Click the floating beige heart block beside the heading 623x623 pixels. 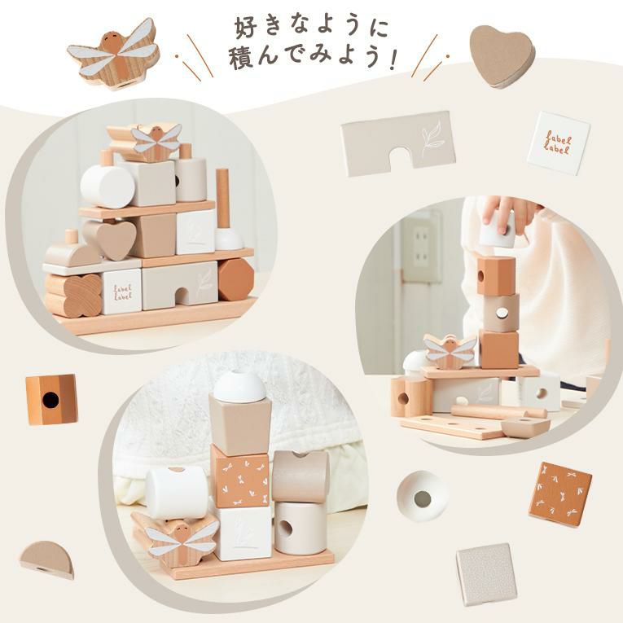pyautogui.click(x=502, y=55)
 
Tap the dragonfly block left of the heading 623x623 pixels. pyautogui.click(x=114, y=54)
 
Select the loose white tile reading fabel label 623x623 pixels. pyautogui.click(x=558, y=143)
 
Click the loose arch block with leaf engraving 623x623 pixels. pyautogui.click(x=398, y=143)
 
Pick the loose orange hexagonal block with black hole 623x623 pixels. pyautogui.click(x=51, y=399)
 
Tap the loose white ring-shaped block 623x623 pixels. pyautogui.click(x=423, y=496)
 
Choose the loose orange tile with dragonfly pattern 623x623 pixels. pyautogui.click(x=560, y=494)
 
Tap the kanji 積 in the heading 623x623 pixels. pyautogui.click(x=241, y=57)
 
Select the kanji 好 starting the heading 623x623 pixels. pyautogui.click(x=246, y=27)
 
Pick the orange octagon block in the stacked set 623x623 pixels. pyautogui.click(x=235, y=279)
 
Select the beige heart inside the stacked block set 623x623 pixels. pyautogui.click(x=112, y=239)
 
